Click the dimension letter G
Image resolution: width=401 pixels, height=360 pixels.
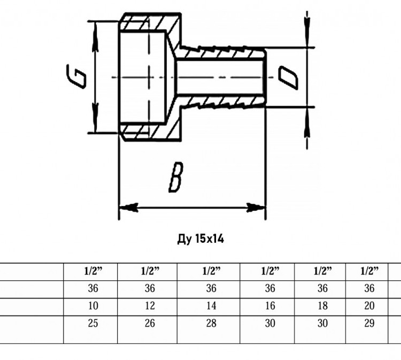[x=76, y=76]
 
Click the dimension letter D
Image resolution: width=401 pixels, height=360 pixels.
[x=288, y=78]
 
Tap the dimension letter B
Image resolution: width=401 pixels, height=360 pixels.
[x=176, y=177]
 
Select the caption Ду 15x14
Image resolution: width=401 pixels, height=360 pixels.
[x=200, y=239]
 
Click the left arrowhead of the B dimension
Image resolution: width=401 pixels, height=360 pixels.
[x=129, y=208]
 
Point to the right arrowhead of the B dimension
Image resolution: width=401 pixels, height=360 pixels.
[x=256, y=208]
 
